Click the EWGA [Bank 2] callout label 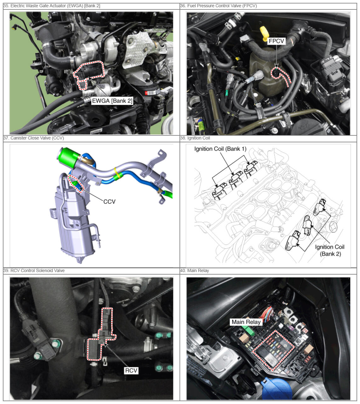pyautogui.click(x=112, y=101)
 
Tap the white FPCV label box pyautogui.click(x=276, y=41)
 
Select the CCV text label pyautogui.click(x=109, y=202)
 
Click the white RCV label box pyautogui.click(x=131, y=370)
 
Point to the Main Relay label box pyautogui.click(x=246, y=322)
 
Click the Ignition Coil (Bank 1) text pyautogui.click(x=220, y=149)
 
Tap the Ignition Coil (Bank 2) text pyautogui.click(x=329, y=250)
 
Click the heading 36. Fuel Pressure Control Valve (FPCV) pyautogui.click(x=218, y=6)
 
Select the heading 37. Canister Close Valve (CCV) pyautogui.click(x=34, y=138)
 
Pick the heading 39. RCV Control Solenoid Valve pyautogui.click(x=34, y=270)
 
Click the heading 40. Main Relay pyautogui.click(x=194, y=270)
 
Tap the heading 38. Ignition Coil pyautogui.click(x=195, y=138)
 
